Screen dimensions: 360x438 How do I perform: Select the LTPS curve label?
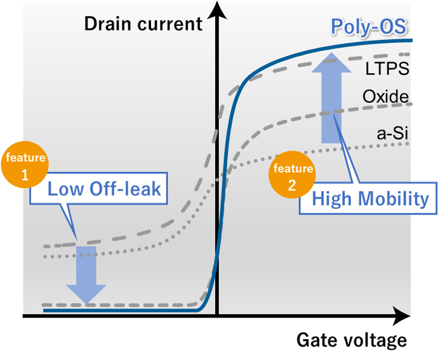pos(387,67)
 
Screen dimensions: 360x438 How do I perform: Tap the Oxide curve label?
pos(385,97)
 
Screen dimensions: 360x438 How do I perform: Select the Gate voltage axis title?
pos(352,340)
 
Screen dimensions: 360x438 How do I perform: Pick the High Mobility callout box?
pos(370,199)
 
